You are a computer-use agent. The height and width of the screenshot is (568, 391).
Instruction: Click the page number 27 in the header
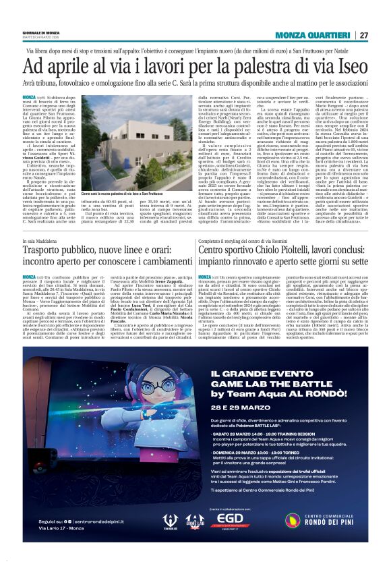[x=364, y=35]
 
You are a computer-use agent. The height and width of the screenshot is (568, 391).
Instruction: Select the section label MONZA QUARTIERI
[x=314, y=35]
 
